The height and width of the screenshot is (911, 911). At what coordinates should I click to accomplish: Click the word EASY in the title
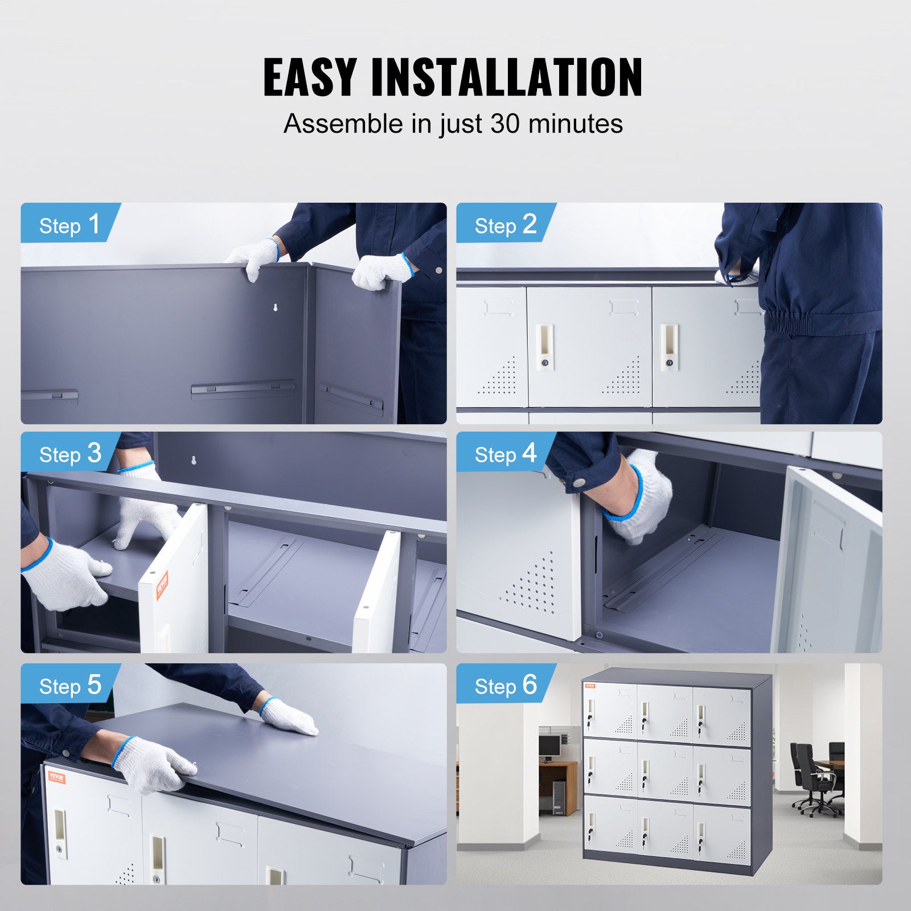click(310, 77)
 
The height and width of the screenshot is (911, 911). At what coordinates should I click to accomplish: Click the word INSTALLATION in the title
click(507, 77)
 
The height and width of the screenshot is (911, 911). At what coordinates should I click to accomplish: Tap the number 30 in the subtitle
click(504, 124)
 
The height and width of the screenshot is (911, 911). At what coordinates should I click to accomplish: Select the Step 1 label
click(69, 225)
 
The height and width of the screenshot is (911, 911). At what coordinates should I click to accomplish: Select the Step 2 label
click(505, 225)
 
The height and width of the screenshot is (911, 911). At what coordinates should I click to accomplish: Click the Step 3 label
click(69, 454)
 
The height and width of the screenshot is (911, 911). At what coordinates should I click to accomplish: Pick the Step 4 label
click(505, 454)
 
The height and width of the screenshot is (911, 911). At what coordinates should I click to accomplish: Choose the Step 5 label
click(69, 686)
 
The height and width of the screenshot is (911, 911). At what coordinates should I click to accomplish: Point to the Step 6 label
click(505, 686)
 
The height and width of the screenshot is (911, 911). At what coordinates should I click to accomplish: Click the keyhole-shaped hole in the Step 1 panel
click(276, 308)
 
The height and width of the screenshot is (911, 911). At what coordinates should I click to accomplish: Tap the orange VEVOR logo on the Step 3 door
click(163, 585)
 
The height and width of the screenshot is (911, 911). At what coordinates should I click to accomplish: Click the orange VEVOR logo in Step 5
click(57, 777)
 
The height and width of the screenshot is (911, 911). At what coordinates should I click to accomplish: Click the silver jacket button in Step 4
click(579, 483)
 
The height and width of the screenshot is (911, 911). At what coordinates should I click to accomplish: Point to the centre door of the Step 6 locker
click(665, 769)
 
